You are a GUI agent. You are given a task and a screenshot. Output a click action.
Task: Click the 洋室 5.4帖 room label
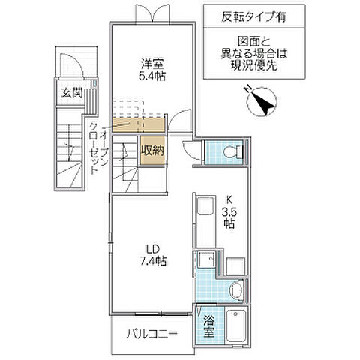(x=154, y=69)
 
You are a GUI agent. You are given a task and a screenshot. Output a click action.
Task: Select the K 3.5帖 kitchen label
(x=229, y=213)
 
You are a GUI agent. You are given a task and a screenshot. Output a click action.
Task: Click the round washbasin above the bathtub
(x=235, y=289)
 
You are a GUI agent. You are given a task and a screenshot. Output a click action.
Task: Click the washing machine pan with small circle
(x=204, y=262)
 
